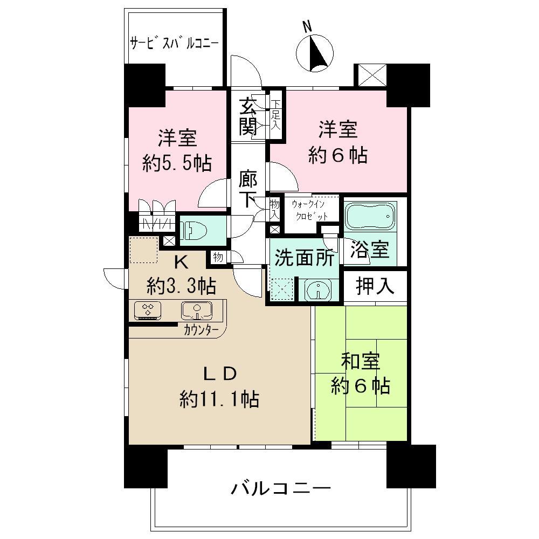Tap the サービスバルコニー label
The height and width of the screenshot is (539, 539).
(x=174, y=42)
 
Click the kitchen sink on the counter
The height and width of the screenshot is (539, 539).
(x=195, y=310)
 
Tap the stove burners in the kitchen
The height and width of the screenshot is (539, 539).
(x=148, y=310)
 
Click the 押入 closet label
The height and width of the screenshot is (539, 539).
(x=375, y=286)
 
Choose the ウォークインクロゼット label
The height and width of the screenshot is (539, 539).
(x=309, y=210)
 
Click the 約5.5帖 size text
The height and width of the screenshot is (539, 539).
(x=177, y=164)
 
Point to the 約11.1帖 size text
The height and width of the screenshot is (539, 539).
(x=219, y=399)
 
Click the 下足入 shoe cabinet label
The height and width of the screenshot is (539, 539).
(x=276, y=115)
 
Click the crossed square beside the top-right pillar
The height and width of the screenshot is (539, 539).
(x=370, y=75)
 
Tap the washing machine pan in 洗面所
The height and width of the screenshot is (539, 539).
(x=282, y=288)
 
